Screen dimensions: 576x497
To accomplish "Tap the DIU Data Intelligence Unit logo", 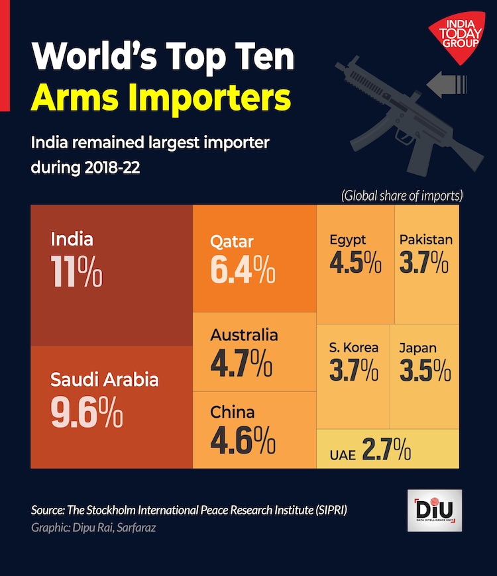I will coord(435,510).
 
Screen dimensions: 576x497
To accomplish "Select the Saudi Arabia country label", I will coord(105,379).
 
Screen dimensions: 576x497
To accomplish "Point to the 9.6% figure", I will coord(86,411).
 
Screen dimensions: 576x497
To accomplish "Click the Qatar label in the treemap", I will coord(232,242).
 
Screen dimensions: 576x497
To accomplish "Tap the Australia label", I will coord(244,335).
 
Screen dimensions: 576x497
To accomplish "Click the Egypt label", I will coord(348,240).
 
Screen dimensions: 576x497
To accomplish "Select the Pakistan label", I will coord(425,240).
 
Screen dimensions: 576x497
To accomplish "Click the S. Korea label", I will coord(354,348).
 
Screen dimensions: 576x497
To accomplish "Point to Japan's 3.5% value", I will coord(425,371).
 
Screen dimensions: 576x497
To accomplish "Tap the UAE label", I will coord(343,454).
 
